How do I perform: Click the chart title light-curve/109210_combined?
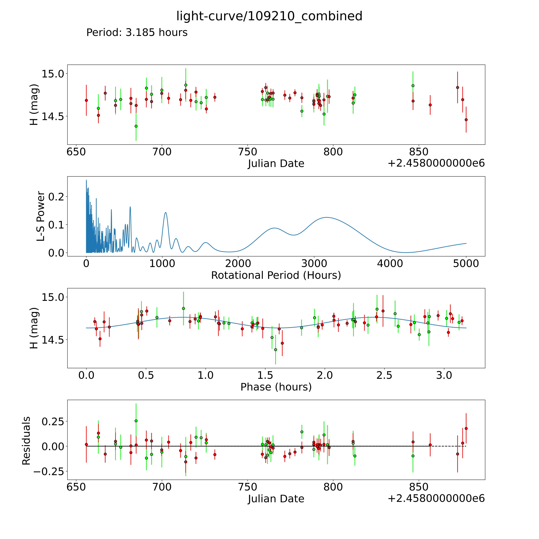pyautogui.click(x=269, y=16)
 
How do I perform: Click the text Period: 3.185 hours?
pyautogui.click(x=137, y=33)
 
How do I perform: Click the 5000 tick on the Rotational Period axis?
pyautogui.click(x=466, y=264)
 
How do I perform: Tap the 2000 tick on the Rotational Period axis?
pyautogui.click(x=238, y=264)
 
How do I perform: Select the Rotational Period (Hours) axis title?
pyautogui.click(x=276, y=275)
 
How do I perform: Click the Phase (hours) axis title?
pyautogui.click(x=276, y=387)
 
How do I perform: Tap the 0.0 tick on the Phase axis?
pyautogui.click(x=86, y=375)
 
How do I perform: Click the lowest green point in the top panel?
pyautogui.click(x=136, y=126)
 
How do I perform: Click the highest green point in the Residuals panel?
pyautogui.click(x=136, y=421)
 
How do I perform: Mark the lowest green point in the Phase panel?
pyautogui.click(x=276, y=350)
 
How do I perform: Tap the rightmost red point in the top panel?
pyautogui.click(x=466, y=120)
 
